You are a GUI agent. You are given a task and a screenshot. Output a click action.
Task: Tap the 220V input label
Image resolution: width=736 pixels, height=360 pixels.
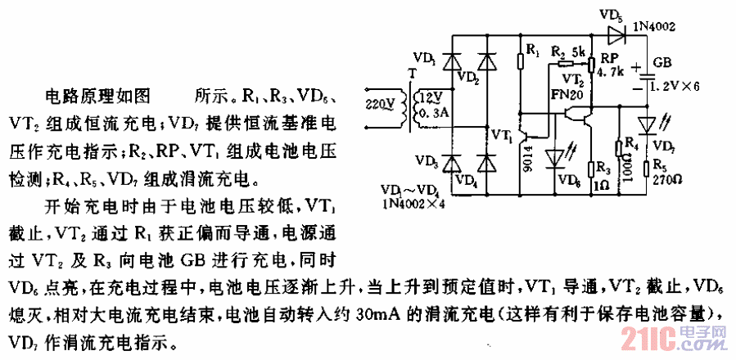pyautogui.click(x=377, y=104)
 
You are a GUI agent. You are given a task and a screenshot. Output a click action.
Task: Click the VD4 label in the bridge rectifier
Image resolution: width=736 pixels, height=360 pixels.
pyautogui.click(x=467, y=178)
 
